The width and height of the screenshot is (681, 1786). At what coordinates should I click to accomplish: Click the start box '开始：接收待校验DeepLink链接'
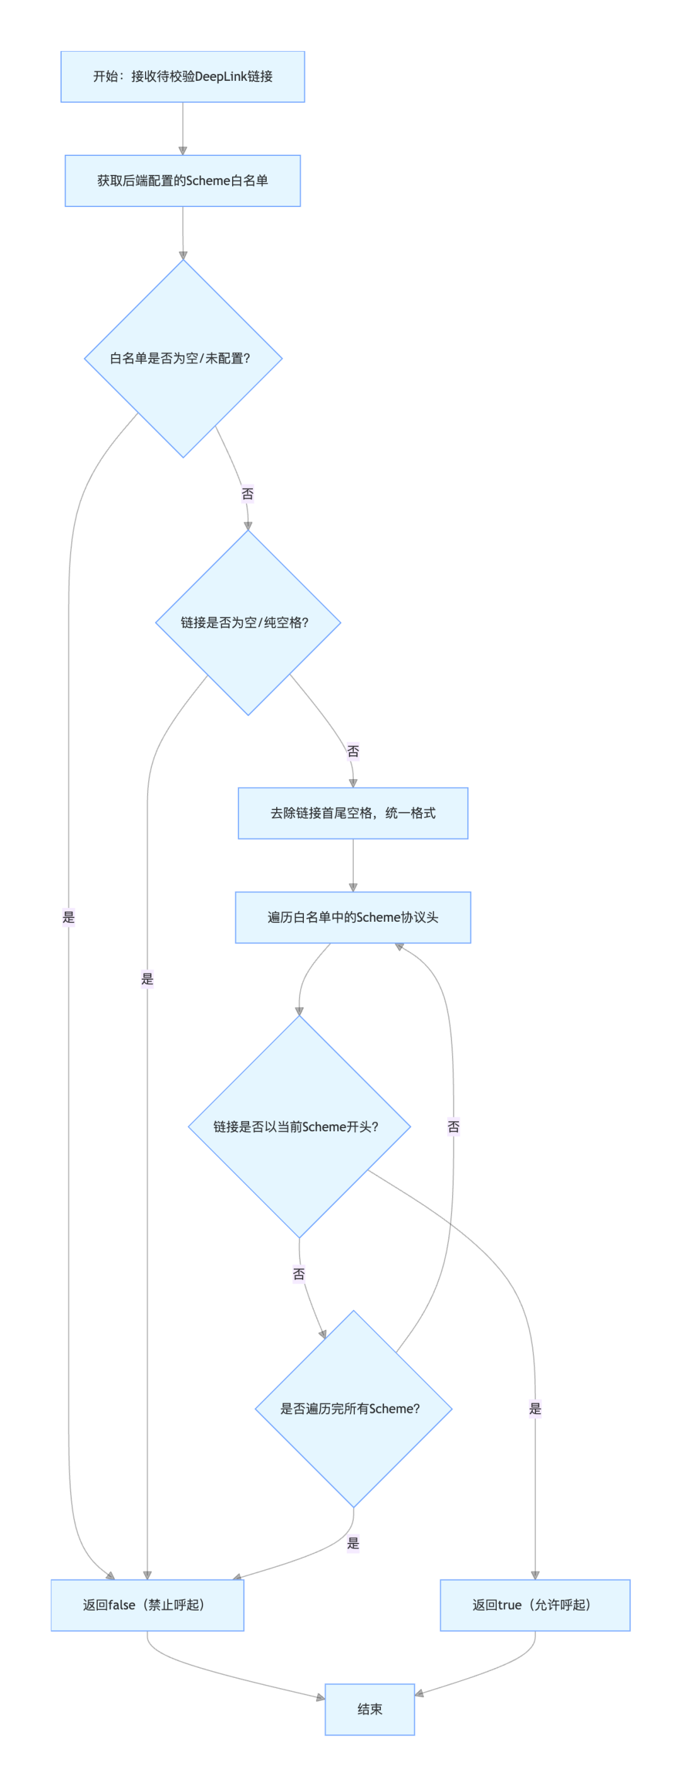[182, 76]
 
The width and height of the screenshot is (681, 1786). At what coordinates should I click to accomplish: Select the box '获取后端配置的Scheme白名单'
[182, 181]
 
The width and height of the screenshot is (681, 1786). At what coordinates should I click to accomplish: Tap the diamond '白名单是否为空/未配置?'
[183, 359]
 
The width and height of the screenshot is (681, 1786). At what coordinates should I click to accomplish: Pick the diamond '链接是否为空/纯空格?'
[248, 622]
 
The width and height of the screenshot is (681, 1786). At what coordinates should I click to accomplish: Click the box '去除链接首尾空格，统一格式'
[352, 813]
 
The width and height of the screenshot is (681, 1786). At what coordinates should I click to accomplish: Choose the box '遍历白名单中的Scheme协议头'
[352, 917]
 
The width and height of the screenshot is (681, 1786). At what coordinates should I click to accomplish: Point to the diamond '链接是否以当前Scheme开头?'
[300, 1127]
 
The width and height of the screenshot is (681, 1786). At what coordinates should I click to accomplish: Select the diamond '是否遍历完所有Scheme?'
[353, 1409]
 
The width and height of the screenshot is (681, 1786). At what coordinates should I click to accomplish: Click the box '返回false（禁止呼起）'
[148, 1605]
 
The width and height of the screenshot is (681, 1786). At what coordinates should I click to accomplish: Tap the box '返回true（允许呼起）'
[535, 1605]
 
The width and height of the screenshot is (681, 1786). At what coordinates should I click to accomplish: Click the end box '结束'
[370, 1709]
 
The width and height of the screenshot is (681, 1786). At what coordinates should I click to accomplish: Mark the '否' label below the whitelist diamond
[247, 494]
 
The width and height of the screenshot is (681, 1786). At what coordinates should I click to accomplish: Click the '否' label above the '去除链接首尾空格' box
[352, 751]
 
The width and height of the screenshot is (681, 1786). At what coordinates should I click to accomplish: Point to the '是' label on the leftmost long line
[69, 917]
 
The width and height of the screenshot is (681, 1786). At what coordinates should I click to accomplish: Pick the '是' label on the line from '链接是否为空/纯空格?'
[147, 979]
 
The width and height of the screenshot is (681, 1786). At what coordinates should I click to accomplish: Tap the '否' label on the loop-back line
[453, 1127]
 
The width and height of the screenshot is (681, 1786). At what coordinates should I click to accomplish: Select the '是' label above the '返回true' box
[535, 1409]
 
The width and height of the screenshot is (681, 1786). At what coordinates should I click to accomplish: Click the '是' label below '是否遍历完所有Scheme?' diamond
[353, 1544]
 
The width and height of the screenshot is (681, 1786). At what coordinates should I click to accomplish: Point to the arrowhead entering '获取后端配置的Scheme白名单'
[183, 150]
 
